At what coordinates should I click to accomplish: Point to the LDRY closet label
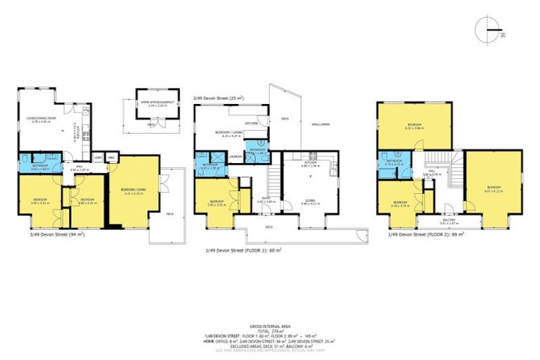pos(98,157)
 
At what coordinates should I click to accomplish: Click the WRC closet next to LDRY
pos(111,157)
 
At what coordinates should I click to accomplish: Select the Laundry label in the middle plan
pos(236,156)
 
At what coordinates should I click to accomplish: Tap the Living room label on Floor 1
pos(310,202)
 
